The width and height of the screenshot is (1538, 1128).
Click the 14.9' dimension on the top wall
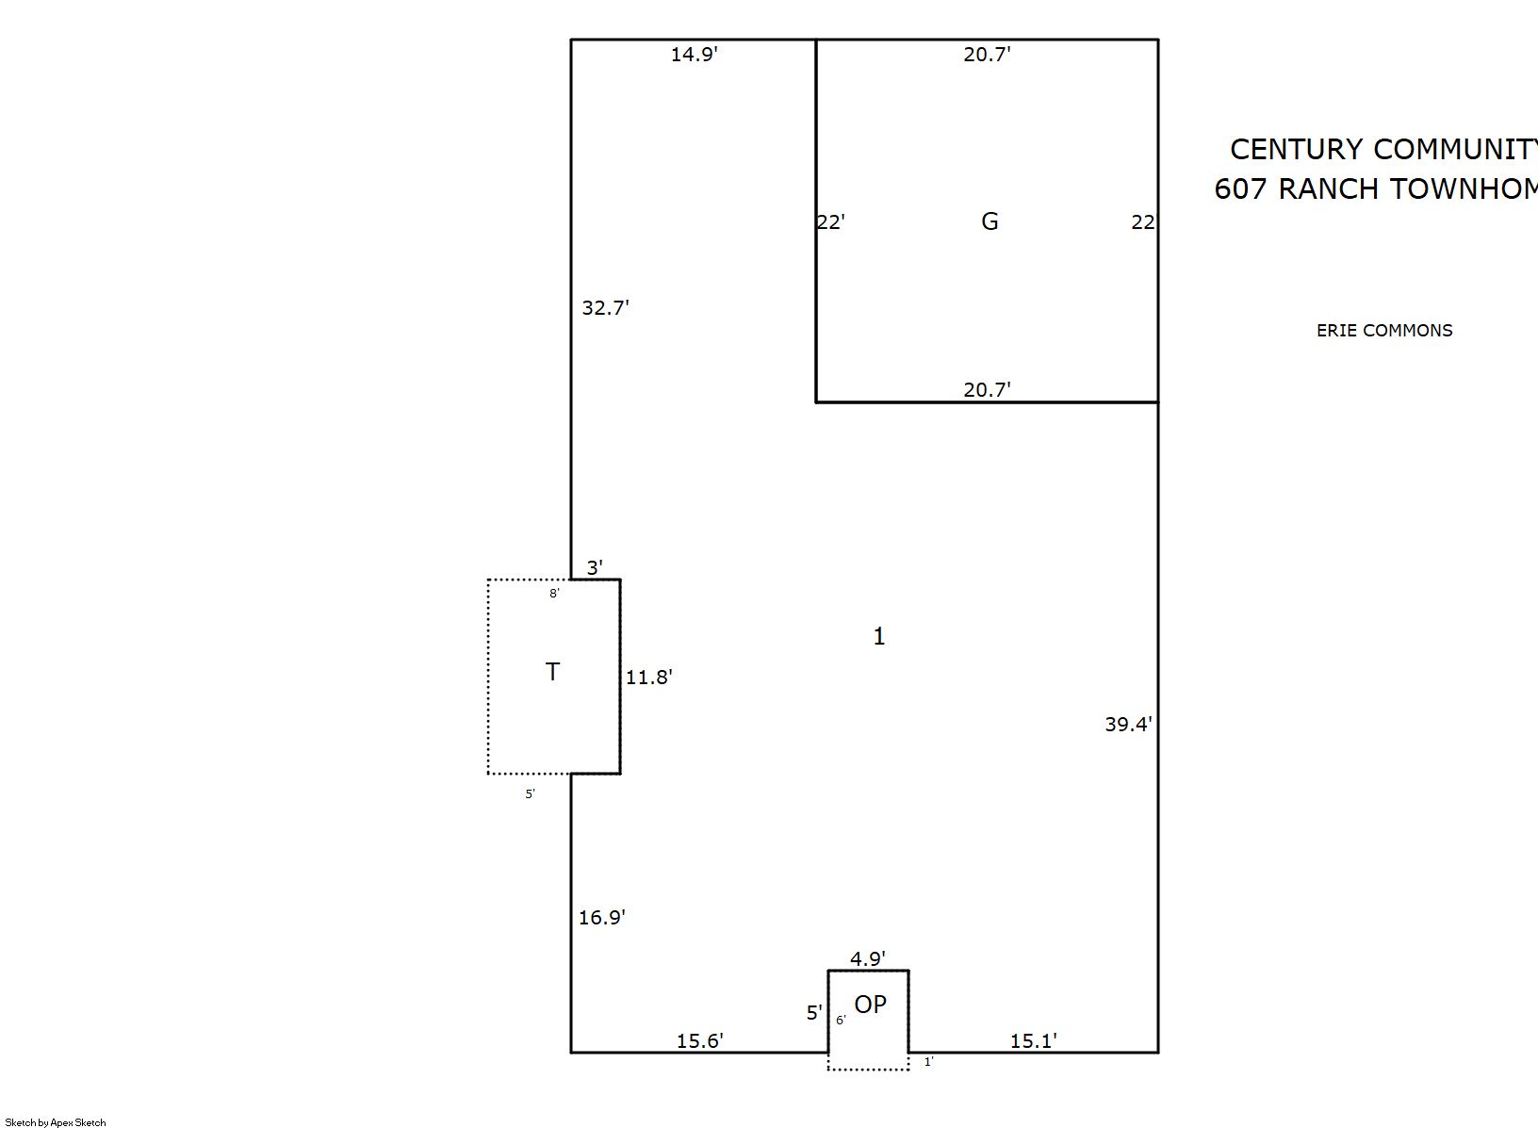pyautogui.click(x=694, y=55)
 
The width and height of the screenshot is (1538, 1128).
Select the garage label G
pyautogui.click(x=990, y=221)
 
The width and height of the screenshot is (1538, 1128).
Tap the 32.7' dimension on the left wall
pyautogui.click(x=605, y=308)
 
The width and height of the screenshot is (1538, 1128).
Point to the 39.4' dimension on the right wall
pyautogui.click(x=1128, y=725)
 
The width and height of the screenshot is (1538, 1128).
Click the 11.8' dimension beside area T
pyautogui.click(x=648, y=678)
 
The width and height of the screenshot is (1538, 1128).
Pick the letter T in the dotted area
pyautogui.click(x=553, y=672)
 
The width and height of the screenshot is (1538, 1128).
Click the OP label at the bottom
pyautogui.click(x=871, y=1005)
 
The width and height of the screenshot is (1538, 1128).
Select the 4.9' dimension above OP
pyautogui.click(x=867, y=959)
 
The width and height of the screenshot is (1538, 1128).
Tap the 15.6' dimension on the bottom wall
pyautogui.click(x=699, y=1041)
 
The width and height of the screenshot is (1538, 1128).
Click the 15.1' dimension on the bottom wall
pyautogui.click(x=1033, y=1041)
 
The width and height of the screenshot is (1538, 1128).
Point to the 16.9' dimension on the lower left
pyautogui.click(x=601, y=918)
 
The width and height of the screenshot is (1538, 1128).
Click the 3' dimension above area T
pyautogui.click(x=595, y=568)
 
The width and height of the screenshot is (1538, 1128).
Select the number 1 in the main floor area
pyautogui.click(x=879, y=638)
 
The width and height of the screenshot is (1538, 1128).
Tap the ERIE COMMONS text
pyautogui.click(x=1383, y=331)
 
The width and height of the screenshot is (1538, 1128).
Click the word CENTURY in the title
pyautogui.click(x=1296, y=150)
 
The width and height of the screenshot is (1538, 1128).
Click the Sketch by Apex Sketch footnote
pyautogui.click(x=56, y=1122)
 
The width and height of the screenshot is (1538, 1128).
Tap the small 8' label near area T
pyautogui.click(x=554, y=594)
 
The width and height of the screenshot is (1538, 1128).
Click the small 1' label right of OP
pyautogui.click(x=928, y=1062)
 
